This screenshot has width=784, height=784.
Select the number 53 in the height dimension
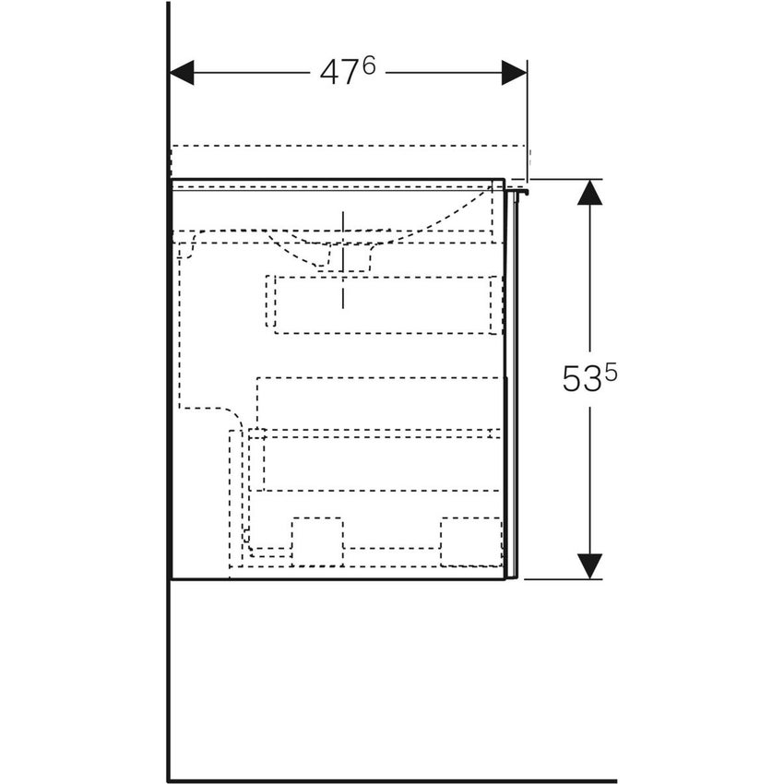582,380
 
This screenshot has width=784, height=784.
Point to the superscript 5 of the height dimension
611,372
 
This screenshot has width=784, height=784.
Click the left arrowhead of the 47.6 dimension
183,73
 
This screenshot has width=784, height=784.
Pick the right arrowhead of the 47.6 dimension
514,73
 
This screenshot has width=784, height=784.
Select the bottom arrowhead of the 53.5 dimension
589,565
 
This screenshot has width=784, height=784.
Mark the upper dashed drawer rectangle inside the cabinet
384,303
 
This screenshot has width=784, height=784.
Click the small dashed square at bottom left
316,540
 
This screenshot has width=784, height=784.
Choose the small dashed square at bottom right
469,540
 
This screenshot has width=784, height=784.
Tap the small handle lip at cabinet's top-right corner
520,191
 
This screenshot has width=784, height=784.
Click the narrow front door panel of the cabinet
513,387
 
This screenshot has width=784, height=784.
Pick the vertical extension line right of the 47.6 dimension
527,120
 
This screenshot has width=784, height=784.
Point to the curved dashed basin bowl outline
443,221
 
